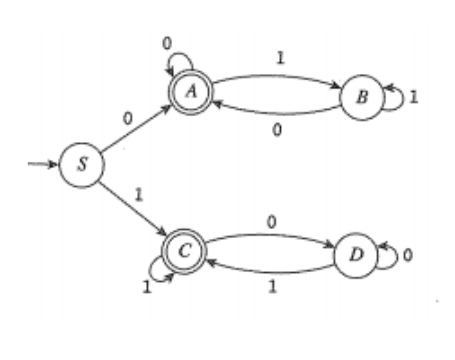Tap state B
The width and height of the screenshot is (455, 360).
[x=362, y=96]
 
